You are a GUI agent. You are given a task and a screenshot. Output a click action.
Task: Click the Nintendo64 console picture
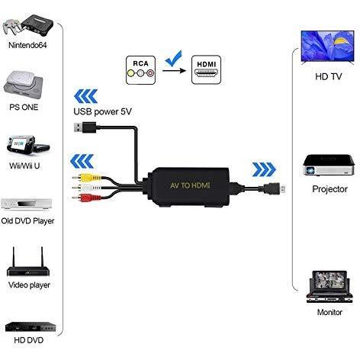(27, 25)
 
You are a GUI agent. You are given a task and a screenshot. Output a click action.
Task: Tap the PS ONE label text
(24, 107)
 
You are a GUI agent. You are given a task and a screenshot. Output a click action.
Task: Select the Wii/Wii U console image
(27, 144)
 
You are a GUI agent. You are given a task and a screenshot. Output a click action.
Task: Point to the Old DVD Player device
(27, 204)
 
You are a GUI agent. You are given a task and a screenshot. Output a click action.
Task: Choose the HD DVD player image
(31, 326)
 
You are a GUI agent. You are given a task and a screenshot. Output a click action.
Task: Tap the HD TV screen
(327, 47)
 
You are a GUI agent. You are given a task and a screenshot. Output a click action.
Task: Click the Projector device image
(329, 166)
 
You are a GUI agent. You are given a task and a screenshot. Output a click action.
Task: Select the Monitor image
(329, 287)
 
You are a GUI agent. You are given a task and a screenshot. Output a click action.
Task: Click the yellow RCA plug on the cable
(86, 177)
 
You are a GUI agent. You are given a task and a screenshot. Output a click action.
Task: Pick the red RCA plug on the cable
(86, 198)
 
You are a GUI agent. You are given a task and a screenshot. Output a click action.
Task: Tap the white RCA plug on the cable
(86, 188)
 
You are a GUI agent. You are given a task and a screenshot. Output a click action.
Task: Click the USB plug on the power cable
(85, 127)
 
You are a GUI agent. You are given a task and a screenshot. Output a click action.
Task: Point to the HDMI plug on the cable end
(274, 189)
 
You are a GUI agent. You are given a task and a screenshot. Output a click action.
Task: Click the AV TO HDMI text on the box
(190, 185)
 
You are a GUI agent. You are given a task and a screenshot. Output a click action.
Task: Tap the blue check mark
(174, 59)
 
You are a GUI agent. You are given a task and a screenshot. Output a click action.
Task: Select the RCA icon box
(140, 70)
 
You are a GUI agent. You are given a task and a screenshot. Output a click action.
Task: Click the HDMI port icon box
(206, 69)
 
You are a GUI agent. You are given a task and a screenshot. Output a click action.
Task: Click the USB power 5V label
(102, 111)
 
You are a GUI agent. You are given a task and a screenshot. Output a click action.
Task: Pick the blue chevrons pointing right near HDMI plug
(264, 169)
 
